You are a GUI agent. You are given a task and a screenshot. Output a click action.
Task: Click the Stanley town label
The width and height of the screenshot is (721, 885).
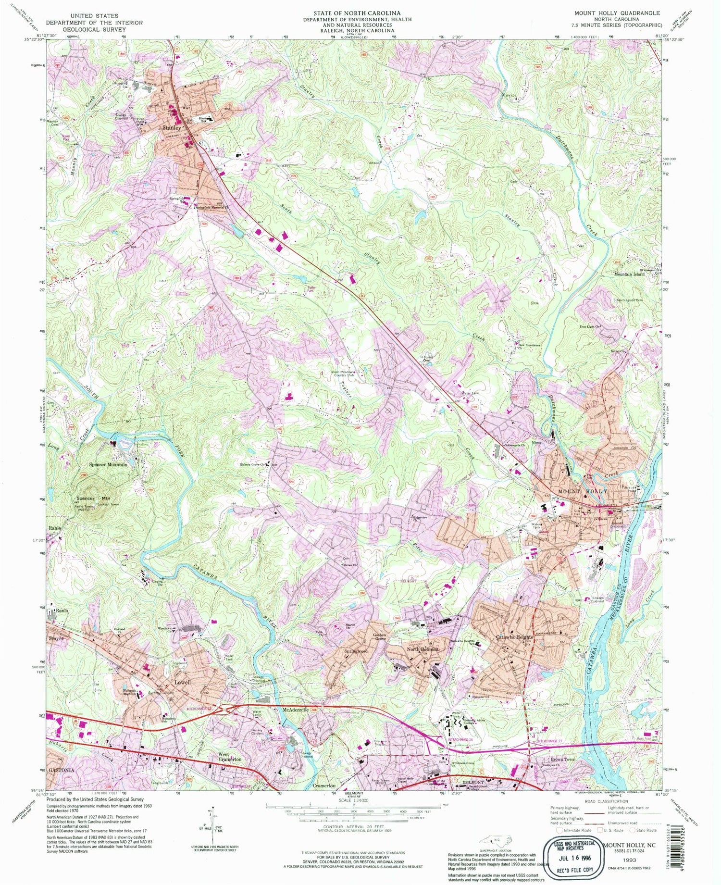click(172, 128)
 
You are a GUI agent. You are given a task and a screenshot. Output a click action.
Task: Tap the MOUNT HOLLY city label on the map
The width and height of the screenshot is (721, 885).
click(582, 491)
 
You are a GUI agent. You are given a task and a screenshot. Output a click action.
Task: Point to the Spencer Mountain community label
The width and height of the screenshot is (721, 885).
click(109, 465)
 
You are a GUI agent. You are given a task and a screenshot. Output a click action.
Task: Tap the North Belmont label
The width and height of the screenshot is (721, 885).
click(423, 649)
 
